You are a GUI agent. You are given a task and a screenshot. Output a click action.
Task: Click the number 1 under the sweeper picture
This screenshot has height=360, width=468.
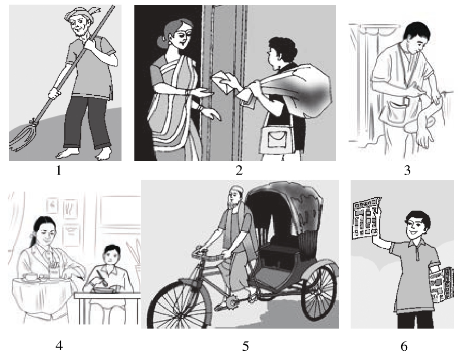59,171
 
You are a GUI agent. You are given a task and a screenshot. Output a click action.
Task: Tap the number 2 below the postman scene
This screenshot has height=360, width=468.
239,171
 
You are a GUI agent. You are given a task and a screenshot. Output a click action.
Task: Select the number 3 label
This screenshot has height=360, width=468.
407,171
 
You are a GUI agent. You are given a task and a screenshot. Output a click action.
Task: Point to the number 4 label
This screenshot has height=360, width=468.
59,346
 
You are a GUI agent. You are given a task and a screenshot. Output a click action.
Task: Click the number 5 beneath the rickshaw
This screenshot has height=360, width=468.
246,346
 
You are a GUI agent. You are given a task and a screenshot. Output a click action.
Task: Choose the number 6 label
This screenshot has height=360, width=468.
404,346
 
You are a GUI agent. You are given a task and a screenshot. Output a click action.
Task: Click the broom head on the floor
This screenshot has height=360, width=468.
22,136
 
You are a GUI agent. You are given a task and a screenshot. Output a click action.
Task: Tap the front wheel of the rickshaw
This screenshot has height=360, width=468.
179,304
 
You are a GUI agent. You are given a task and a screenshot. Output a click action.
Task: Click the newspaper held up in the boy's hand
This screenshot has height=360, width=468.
366,218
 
